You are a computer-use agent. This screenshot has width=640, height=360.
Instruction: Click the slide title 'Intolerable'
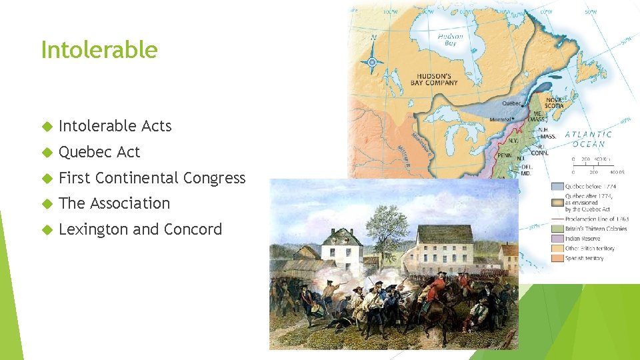coord(99,50)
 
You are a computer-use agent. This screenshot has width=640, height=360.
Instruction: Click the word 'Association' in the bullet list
coord(130,203)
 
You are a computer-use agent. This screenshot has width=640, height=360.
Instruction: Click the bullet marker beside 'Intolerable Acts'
coord(46,127)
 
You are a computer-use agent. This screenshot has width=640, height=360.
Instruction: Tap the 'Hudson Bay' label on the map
coord(451,39)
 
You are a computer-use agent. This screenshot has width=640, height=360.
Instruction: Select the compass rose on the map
coord(373,62)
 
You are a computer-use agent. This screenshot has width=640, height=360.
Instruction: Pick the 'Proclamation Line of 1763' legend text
coord(597,219)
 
